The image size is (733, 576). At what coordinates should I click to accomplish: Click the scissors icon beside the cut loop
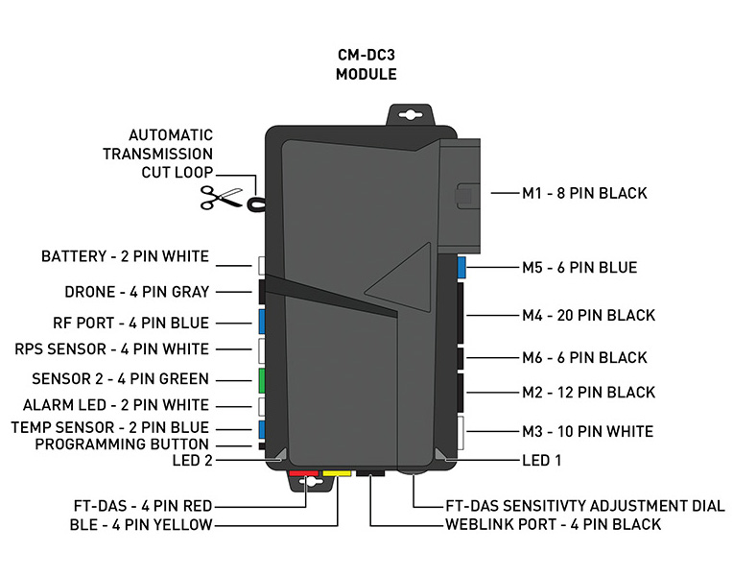click(219, 198)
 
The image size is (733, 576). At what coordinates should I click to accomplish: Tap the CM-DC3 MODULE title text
click(366, 64)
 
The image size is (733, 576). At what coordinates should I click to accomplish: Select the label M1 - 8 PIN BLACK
click(584, 193)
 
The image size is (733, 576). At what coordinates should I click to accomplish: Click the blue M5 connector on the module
click(461, 267)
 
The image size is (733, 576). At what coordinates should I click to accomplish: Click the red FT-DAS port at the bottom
click(304, 472)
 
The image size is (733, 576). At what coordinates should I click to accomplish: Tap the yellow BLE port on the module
click(337, 472)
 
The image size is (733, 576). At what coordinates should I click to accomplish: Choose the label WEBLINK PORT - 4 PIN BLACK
click(554, 524)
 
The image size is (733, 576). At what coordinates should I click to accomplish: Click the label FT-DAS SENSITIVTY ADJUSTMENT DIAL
click(585, 506)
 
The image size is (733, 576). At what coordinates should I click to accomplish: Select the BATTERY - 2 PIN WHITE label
click(125, 256)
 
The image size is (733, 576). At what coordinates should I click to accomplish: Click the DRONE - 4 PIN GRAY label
click(136, 291)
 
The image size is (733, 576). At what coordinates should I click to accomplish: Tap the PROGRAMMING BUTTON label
click(122, 444)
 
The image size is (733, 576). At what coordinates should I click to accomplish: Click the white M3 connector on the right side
click(461, 433)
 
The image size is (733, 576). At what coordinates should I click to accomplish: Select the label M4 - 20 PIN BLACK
click(588, 315)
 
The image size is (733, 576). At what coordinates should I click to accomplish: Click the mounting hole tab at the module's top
click(410, 114)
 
